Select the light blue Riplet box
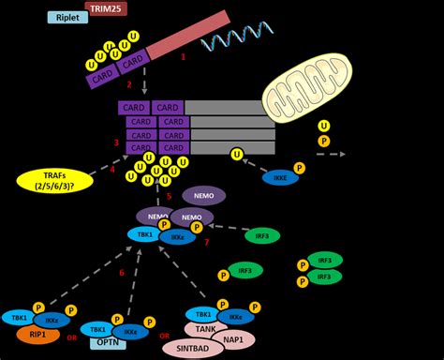[x=67, y=17]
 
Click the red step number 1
[x=184, y=57]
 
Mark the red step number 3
[x=116, y=143]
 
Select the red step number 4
[x=112, y=169]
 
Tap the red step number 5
[x=169, y=196]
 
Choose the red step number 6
[x=122, y=273]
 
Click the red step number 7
[x=206, y=242]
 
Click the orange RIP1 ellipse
[x=38, y=335]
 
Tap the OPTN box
[x=109, y=344]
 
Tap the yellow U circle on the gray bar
[x=238, y=153]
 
